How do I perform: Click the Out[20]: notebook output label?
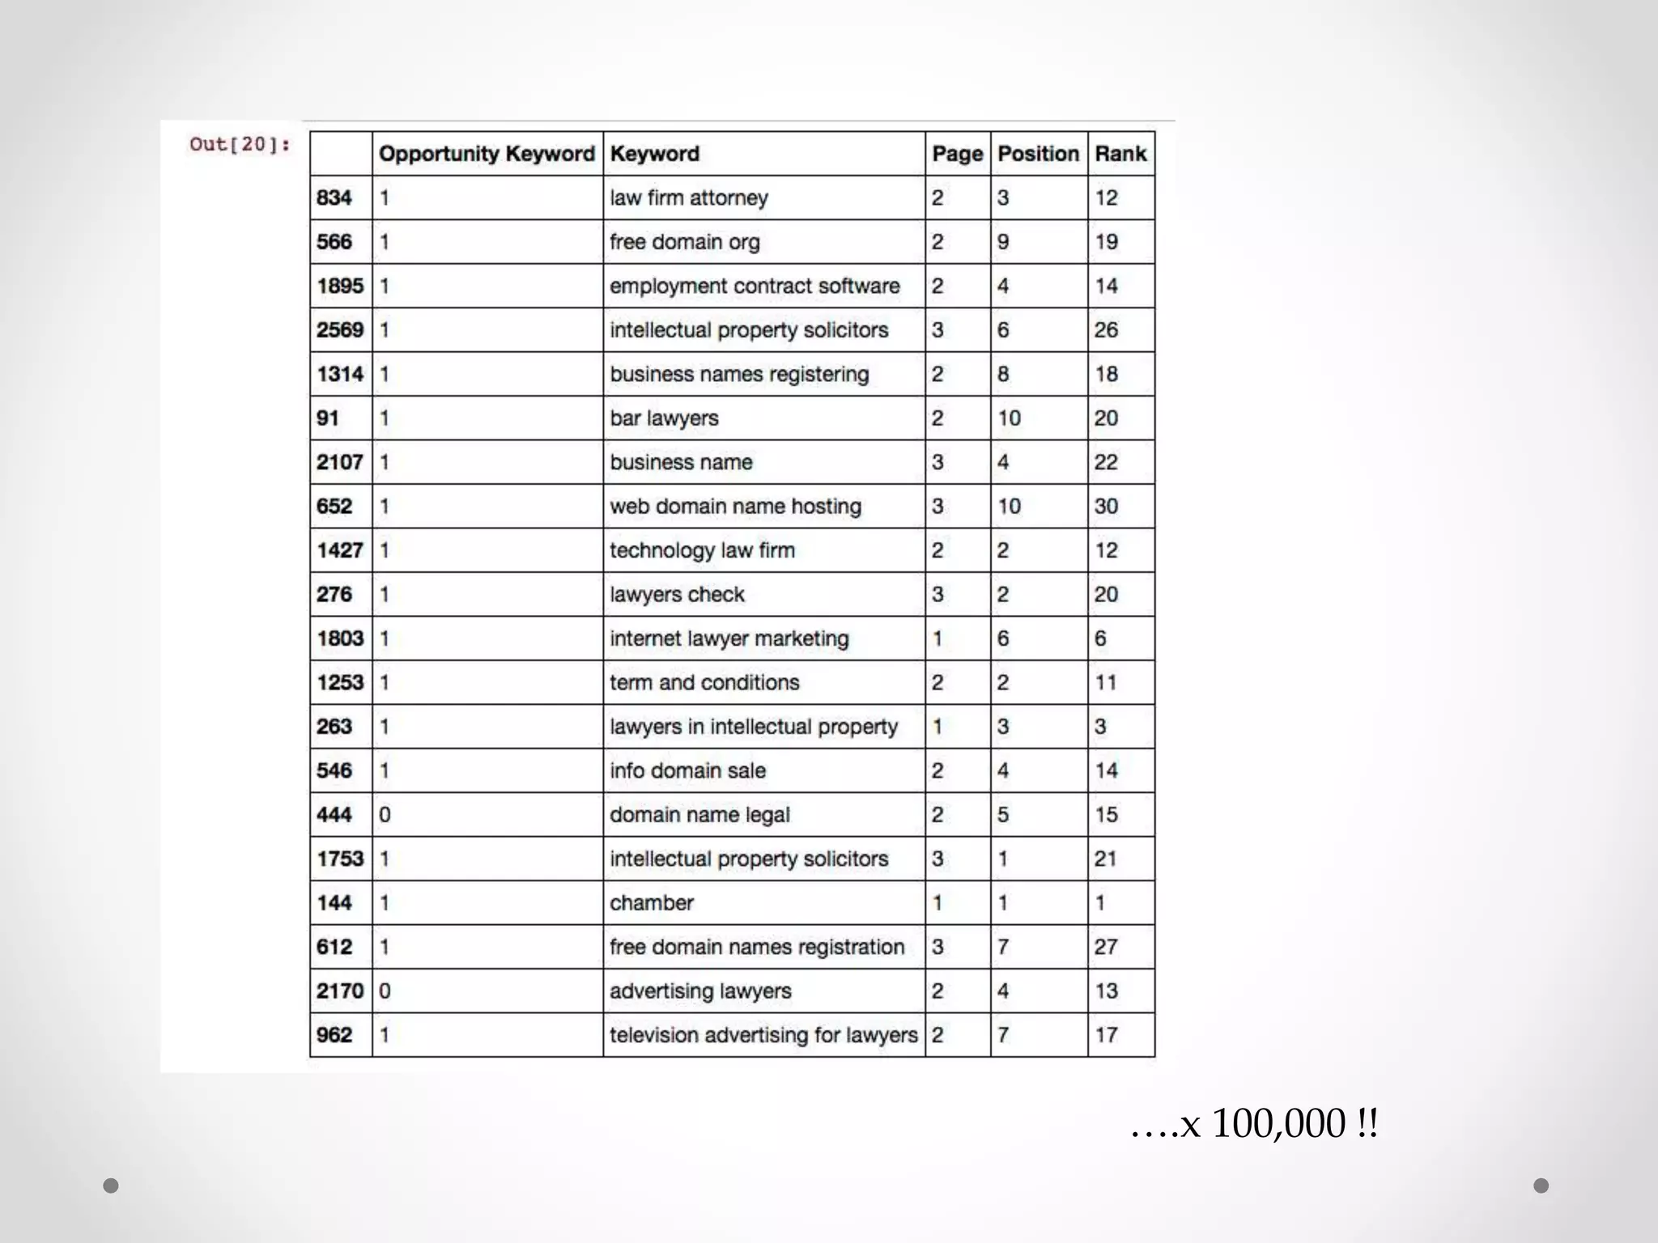pyautogui.click(x=240, y=145)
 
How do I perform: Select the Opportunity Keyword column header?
pyautogui.click(x=487, y=154)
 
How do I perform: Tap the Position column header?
pyautogui.click(x=1038, y=154)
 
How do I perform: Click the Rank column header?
pyautogui.click(x=1120, y=154)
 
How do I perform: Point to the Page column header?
pyautogui.click(x=957, y=154)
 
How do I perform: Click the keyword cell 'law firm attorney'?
pyautogui.click(x=689, y=198)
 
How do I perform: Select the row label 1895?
pyautogui.click(x=340, y=286)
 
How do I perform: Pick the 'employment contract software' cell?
pyautogui.click(x=755, y=286)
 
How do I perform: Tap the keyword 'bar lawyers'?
pyautogui.click(x=664, y=418)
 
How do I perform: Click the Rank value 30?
pyautogui.click(x=1106, y=507)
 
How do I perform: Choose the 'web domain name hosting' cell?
pyautogui.click(x=735, y=507)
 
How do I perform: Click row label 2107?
pyautogui.click(x=340, y=462)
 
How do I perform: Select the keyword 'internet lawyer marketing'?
pyautogui.click(x=729, y=638)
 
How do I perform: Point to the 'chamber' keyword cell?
pyautogui.click(x=652, y=903)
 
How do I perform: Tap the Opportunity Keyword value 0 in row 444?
pyautogui.click(x=385, y=815)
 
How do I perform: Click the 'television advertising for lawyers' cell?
pyautogui.click(x=763, y=1035)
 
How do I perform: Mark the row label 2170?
pyautogui.click(x=340, y=991)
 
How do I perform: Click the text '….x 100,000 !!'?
pyautogui.click(x=1254, y=1123)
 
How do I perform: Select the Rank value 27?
pyautogui.click(x=1106, y=947)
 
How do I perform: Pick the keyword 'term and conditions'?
pyautogui.click(x=704, y=683)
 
